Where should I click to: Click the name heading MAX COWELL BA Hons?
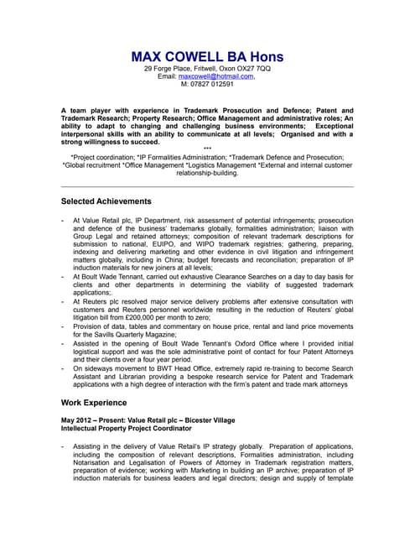click(x=207, y=56)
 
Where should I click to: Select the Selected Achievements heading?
click(x=106, y=202)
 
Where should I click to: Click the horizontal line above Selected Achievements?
click(x=207, y=186)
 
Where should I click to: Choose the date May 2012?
click(x=79, y=420)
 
